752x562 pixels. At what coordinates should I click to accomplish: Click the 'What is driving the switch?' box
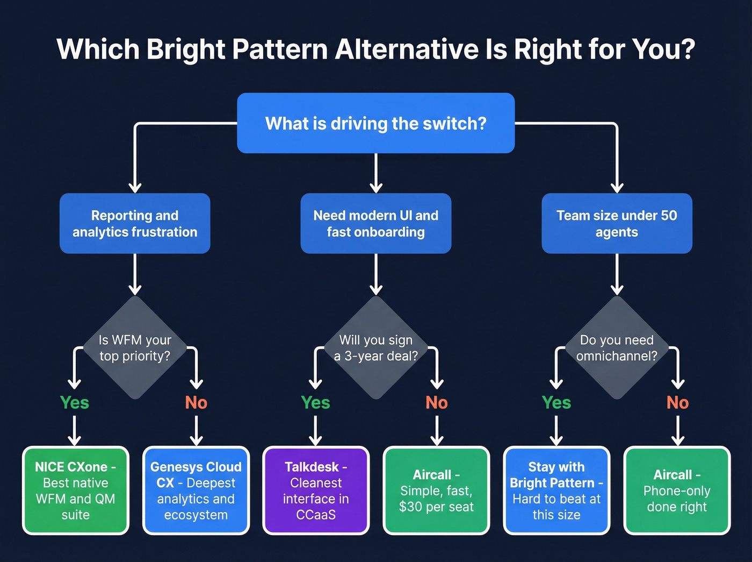click(376, 123)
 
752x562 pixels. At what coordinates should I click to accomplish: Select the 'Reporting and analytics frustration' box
click(135, 223)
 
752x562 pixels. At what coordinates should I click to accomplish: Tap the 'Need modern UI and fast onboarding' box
click(376, 223)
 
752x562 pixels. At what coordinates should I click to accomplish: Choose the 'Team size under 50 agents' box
click(617, 223)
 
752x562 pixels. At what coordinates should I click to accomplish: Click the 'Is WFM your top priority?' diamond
click(135, 348)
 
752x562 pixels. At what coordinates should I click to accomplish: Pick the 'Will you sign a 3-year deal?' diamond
click(376, 348)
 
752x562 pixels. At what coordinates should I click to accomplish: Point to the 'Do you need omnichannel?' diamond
click(617, 348)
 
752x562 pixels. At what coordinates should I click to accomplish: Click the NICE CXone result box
click(76, 490)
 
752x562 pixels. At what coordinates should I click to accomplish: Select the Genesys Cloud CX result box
click(196, 490)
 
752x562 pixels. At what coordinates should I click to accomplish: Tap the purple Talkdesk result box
click(316, 490)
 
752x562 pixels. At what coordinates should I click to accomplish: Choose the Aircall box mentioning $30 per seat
click(436, 490)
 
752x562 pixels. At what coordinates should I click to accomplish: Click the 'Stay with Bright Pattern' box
click(556, 490)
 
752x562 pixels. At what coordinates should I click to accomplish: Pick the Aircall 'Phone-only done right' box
click(677, 490)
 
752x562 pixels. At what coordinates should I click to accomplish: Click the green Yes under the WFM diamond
click(75, 402)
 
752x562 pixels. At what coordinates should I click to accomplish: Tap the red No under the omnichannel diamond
click(677, 402)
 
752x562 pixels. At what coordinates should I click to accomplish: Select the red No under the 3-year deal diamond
click(437, 402)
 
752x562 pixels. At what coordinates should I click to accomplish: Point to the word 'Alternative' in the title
click(407, 49)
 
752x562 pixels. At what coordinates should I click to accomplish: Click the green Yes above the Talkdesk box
click(315, 402)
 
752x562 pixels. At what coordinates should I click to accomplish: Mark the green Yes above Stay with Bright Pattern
click(556, 402)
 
